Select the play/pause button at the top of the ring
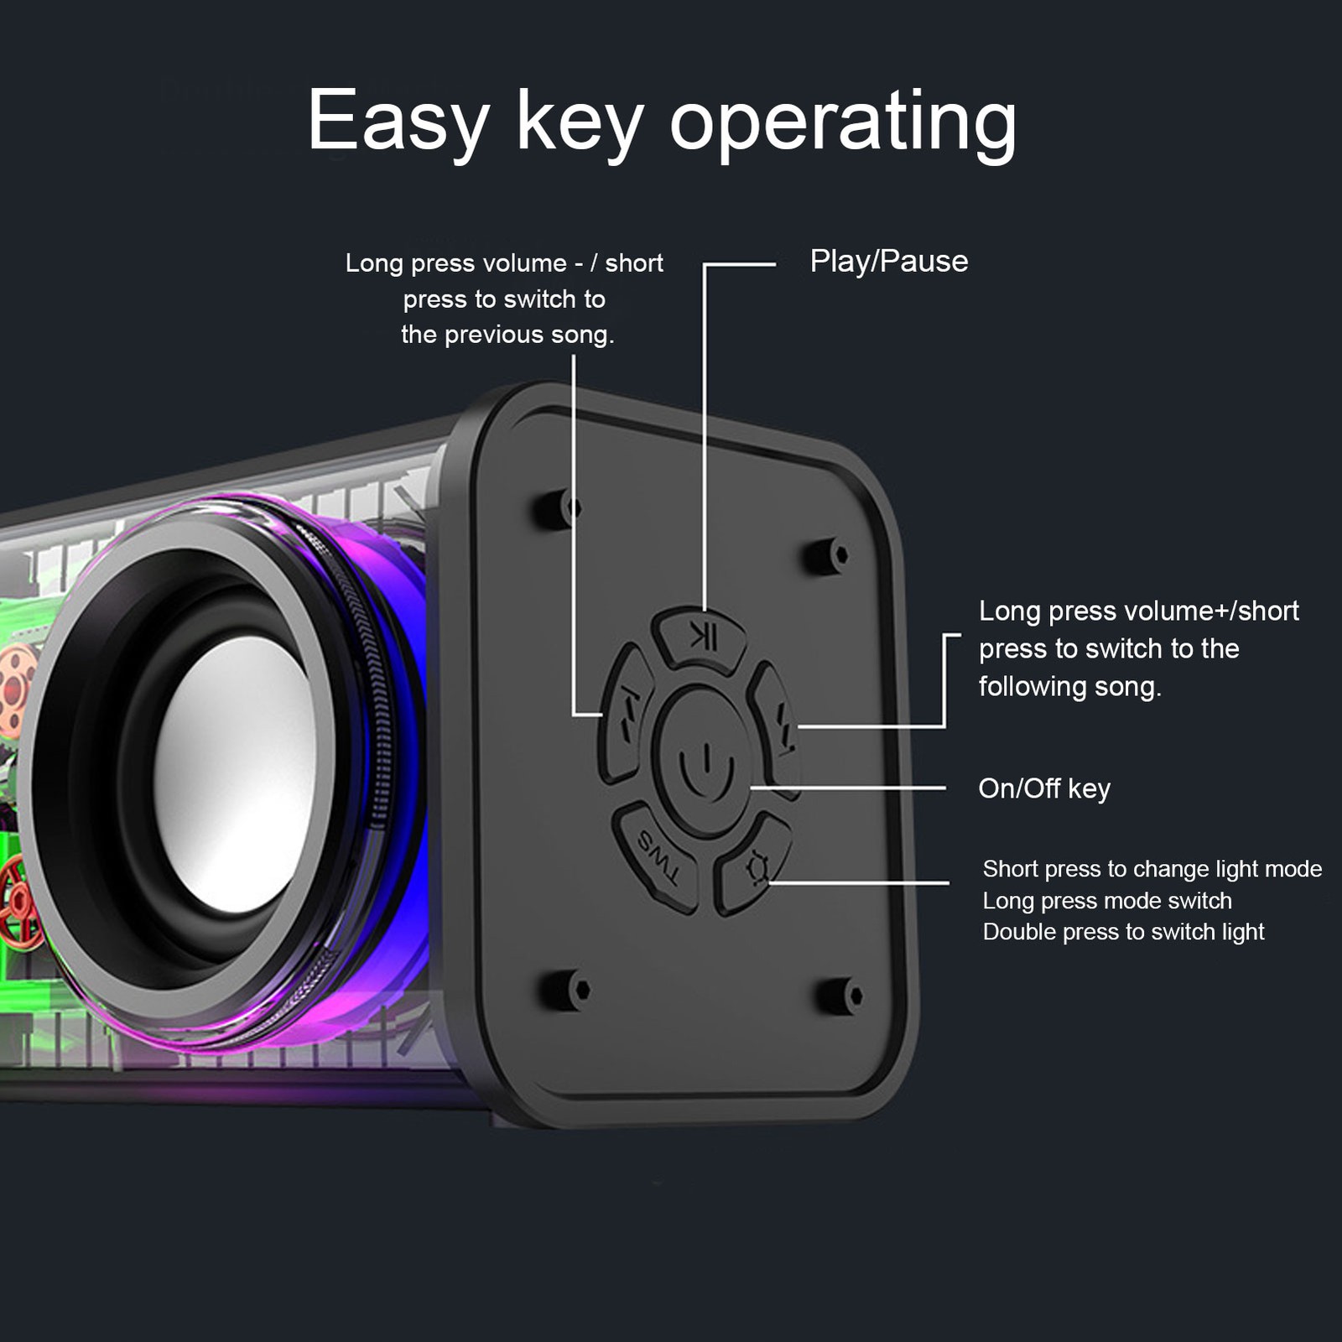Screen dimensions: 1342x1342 tap(701, 638)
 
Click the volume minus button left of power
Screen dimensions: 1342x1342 tap(626, 712)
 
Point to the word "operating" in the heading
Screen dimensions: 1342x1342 tap(843, 124)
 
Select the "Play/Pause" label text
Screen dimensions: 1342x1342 tap(888, 262)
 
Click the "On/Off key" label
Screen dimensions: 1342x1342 tap(1044, 789)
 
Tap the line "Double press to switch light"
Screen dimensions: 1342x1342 tap(1123, 932)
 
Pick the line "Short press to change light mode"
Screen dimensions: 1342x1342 tap(1152, 869)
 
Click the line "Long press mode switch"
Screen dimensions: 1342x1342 tap(1107, 901)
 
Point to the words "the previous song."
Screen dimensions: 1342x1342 tap(507, 335)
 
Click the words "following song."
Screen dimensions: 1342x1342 tap(1069, 687)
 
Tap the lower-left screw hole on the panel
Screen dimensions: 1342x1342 tap(565, 990)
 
